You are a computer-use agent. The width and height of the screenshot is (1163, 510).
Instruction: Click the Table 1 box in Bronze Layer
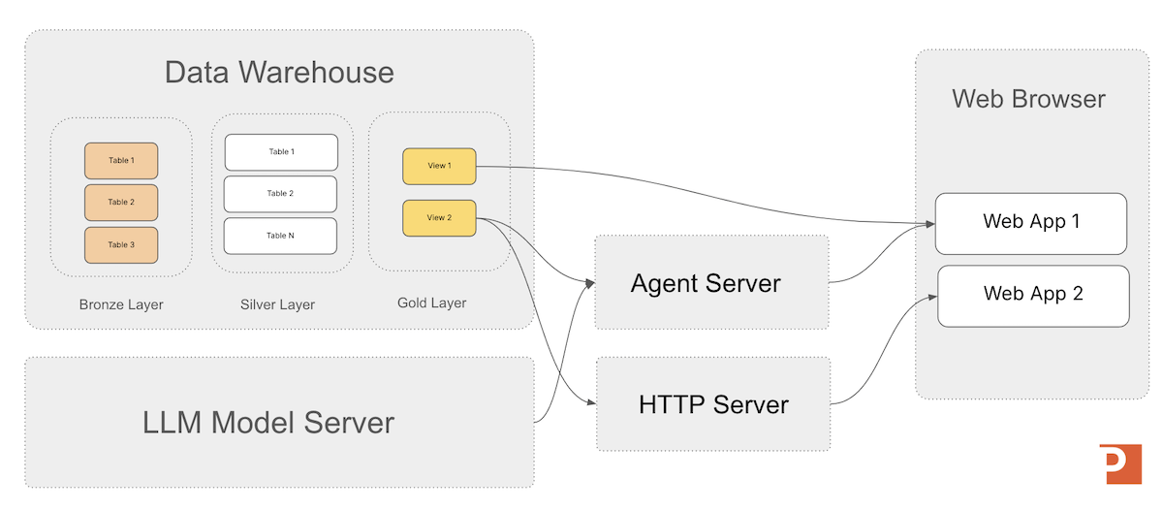120,160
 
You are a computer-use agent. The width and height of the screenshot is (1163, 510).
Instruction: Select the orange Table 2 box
120,203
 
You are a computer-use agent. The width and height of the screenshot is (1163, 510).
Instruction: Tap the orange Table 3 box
120,245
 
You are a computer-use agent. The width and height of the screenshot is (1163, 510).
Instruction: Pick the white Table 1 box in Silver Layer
281,152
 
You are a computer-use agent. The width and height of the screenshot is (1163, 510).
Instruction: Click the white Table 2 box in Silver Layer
280,194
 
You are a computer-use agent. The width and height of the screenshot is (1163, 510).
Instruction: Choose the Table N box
280,236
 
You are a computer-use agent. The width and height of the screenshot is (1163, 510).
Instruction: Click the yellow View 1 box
439,166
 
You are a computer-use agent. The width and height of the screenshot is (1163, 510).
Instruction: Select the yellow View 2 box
439,218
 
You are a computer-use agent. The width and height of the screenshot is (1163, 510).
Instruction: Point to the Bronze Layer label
121,304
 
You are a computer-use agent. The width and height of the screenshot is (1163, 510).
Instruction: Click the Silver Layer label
277,304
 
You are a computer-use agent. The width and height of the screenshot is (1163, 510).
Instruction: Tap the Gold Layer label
431,303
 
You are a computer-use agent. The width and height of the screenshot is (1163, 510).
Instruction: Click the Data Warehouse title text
279,73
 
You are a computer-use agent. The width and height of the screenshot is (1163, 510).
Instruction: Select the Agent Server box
711,282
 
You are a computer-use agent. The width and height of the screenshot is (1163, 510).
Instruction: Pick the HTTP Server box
713,403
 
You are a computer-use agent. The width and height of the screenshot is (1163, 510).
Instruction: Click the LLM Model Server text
268,423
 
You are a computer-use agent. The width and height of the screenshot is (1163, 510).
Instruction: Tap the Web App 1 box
1031,222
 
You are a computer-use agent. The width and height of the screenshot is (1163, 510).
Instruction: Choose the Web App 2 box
1033,294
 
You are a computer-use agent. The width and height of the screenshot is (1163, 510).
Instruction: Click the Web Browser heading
1028,99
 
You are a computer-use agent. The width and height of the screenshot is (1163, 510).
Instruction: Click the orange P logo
1120,464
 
